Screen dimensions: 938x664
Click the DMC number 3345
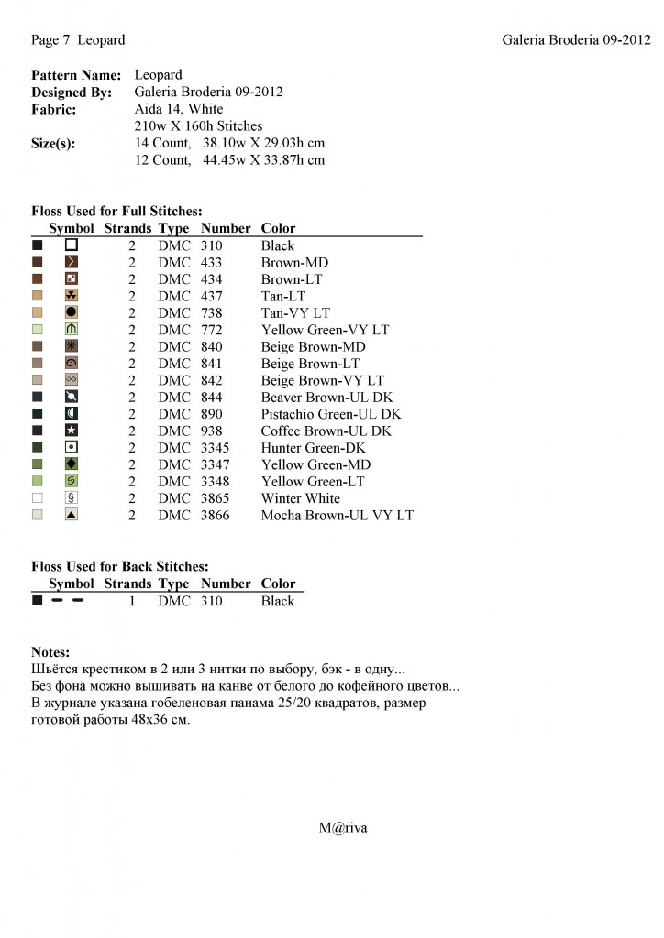tap(215, 448)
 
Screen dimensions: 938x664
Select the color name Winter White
tap(300, 498)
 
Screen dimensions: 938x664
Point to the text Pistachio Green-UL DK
tap(330, 414)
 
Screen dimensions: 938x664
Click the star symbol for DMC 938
tap(72, 431)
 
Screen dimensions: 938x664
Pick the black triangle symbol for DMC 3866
tap(72, 515)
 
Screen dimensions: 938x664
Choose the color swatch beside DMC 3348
tap(38, 481)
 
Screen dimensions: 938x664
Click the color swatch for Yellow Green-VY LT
tap(38, 330)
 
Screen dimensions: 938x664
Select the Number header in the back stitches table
tap(226, 584)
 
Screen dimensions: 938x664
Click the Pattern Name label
tap(76, 75)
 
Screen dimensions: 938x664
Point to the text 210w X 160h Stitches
tap(198, 126)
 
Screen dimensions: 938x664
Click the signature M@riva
tap(343, 827)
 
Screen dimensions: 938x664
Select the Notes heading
tap(50, 652)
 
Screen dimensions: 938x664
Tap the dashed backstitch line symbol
tap(68, 601)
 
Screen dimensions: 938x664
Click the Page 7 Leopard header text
tap(78, 40)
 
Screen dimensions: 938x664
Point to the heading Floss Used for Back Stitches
tap(120, 567)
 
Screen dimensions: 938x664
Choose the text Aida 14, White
tap(178, 109)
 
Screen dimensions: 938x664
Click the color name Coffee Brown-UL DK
tap(326, 431)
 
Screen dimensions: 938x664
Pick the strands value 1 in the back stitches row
tap(132, 601)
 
